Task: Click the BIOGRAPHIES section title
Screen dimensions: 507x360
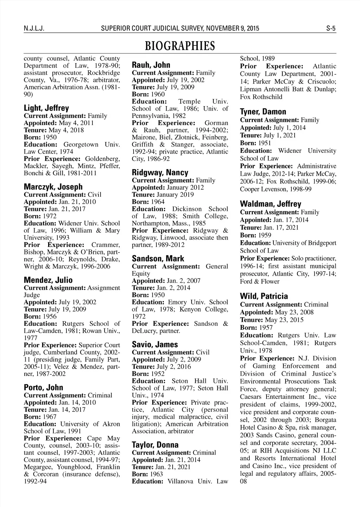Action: coord(180,46)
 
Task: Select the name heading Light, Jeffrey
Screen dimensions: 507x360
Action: coord(46,108)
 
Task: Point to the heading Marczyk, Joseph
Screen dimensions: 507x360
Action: coord(53,187)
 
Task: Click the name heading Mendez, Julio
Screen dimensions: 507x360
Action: coord(48,280)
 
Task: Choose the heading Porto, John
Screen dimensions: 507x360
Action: coord(43,388)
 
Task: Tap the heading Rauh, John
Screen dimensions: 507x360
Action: coord(151,65)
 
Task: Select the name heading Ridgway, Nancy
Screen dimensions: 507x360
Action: coord(160,173)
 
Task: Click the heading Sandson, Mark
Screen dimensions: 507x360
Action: coord(158,259)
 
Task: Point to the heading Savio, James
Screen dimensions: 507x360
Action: coord(155,345)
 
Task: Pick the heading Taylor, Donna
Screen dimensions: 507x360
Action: coord(155,445)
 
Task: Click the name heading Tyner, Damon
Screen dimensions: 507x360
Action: coord(263,112)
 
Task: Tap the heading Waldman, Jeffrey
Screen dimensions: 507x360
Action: coord(270,204)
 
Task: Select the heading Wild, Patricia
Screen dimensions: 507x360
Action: coord(264,296)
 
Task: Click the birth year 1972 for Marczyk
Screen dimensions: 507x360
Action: coord(50,216)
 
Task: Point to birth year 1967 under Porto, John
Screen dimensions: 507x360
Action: coord(50,417)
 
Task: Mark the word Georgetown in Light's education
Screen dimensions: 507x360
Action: coord(81,144)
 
